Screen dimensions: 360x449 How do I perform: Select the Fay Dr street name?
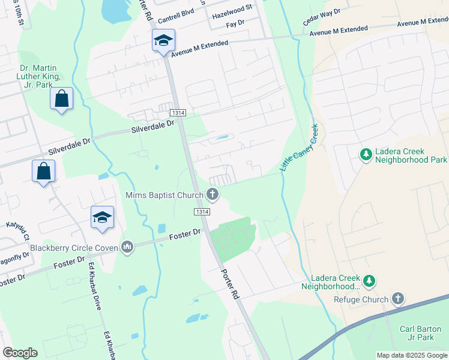236,23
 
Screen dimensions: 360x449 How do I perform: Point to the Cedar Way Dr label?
321,17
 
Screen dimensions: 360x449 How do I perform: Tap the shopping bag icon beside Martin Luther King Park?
62,98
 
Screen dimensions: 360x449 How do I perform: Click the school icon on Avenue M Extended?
163,41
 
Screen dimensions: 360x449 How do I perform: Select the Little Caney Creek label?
299,146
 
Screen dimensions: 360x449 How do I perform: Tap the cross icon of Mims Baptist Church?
212,194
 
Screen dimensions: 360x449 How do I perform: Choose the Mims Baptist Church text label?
163,194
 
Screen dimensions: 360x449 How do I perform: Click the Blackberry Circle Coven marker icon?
127,247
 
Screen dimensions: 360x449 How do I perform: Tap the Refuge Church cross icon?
397,298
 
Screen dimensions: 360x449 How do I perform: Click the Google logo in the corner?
20,353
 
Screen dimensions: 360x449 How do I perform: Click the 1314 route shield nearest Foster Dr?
202,212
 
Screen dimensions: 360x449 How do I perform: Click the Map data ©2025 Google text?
411,355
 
